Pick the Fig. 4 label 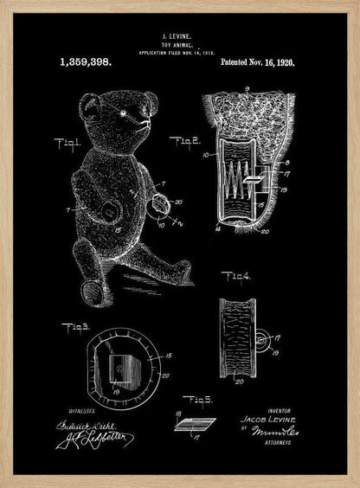click(235, 276)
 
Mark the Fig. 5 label click(196, 399)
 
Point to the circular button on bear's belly click(110, 211)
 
